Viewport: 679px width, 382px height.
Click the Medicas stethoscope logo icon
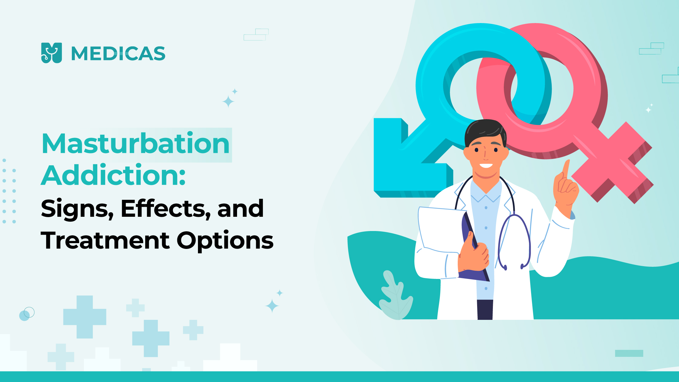coord(52,53)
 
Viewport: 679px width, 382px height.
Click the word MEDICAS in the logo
coord(118,53)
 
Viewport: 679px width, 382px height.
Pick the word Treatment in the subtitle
coord(105,241)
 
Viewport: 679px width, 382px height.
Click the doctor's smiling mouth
coord(486,166)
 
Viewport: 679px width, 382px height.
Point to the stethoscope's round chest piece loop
coord(514,242)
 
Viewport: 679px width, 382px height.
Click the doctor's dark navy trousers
coord(485,310)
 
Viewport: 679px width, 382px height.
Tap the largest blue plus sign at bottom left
coord(85,317)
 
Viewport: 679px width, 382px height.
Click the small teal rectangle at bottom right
coord(629,353)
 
